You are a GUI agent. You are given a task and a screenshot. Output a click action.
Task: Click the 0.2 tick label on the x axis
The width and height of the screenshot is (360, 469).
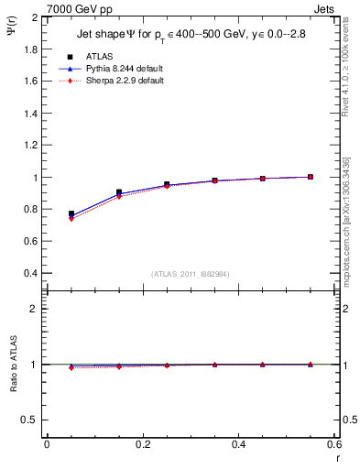click(x=142, y=446)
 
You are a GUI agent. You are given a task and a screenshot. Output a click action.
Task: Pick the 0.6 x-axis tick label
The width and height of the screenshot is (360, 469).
click(x=334, y=446)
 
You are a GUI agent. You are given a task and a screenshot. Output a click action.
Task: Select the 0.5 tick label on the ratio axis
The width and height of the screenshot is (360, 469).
click(x=30, y=420)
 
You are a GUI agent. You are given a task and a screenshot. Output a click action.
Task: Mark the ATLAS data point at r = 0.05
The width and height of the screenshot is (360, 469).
click(x=71, y=213)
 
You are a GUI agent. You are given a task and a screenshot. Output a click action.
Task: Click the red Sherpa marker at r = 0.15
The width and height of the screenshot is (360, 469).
click(x=119, y=196)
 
